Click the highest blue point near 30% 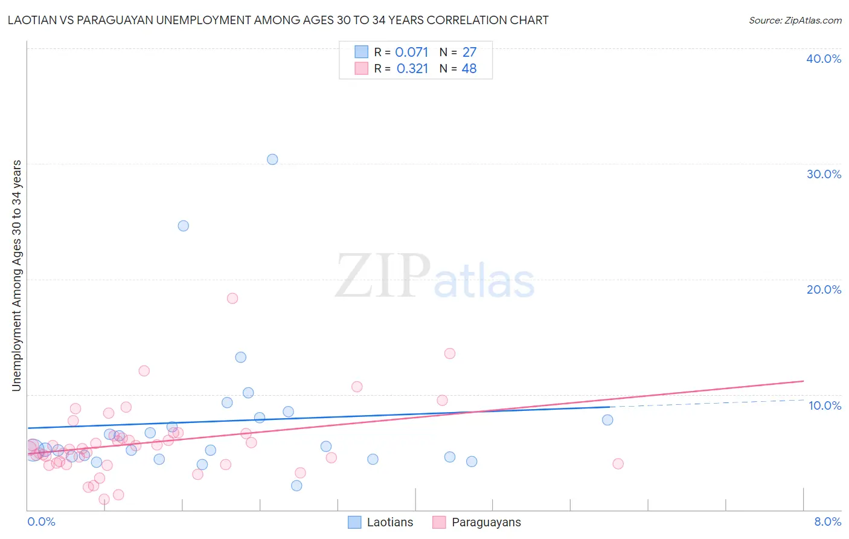pyautogui.click(x=272, y=160)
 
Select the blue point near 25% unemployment pyautogui.click(x=184, y=226)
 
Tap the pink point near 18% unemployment pyautogui.click(x=232, y=299)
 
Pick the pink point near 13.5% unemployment pyautogui.click(x=450, y=353)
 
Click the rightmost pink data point pyautogui.click(x=618, y=464)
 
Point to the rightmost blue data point pyautogui.click(x=607, y=420)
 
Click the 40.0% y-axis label pyautogui.click(x=824, y=59)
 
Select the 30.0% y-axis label pyautogui.click(x=824, y=174)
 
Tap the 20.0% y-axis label pyautogui.click(x=824, y=289)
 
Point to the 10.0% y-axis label pyautogui.click(x=824, y=405)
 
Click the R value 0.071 pyautogui.click(x=411, y=53)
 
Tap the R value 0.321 pyautogui.click(x=412, y=69)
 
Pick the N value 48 pyautogui.click(x=469, y=69)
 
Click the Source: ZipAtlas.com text pyautogui.click(x=795, y=21)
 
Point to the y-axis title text pyautogui.click(x=16, y=276)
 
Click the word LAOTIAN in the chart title pyautogui.click(x=30, y=21)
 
